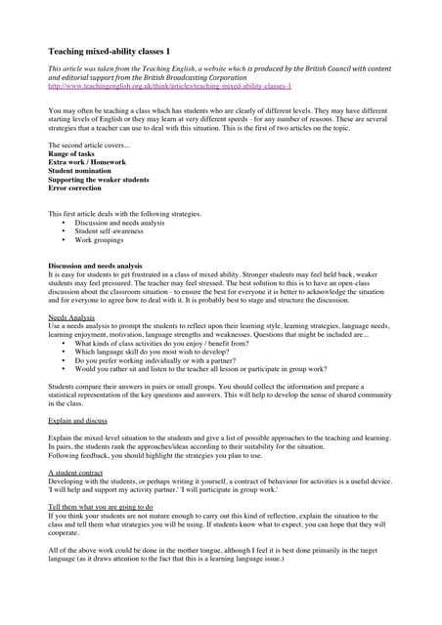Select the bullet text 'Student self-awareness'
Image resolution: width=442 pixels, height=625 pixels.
(x=114, y=230)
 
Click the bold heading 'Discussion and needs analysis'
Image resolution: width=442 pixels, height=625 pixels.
(x=102, y=266)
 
